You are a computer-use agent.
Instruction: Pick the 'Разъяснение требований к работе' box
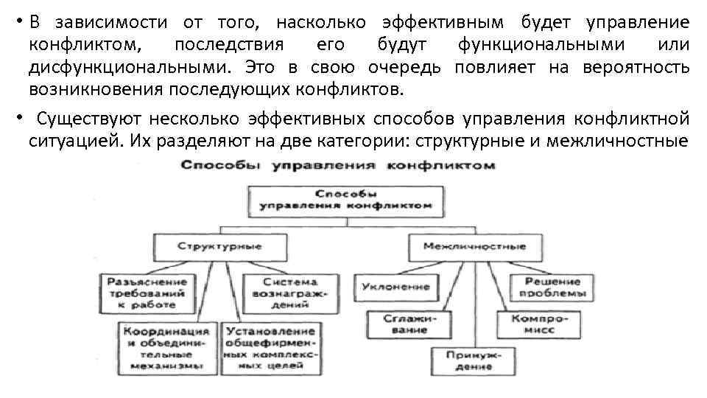tap(147, 293)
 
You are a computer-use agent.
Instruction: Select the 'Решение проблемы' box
tap(552, 287)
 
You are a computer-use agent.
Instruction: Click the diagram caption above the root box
tap(338, 166)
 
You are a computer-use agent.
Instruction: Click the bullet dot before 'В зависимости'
tap(16, 20)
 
